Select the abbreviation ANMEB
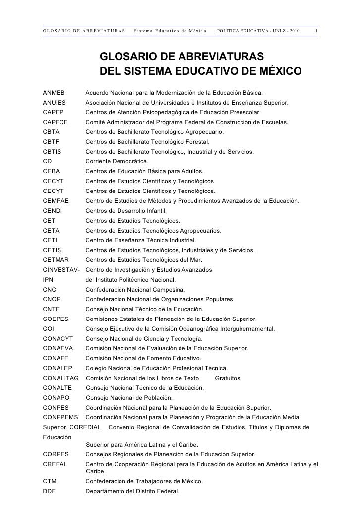(x=54, y=93)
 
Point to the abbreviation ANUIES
(x=54, y=103)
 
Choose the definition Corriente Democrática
(x=117, y=161)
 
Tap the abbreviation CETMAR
(x=56, y=260)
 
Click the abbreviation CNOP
(x=52, y=299)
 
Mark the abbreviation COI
(x=49, y=328)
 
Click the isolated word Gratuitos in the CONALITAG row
(x=229, y=378)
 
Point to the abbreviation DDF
(x=50, y=492)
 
